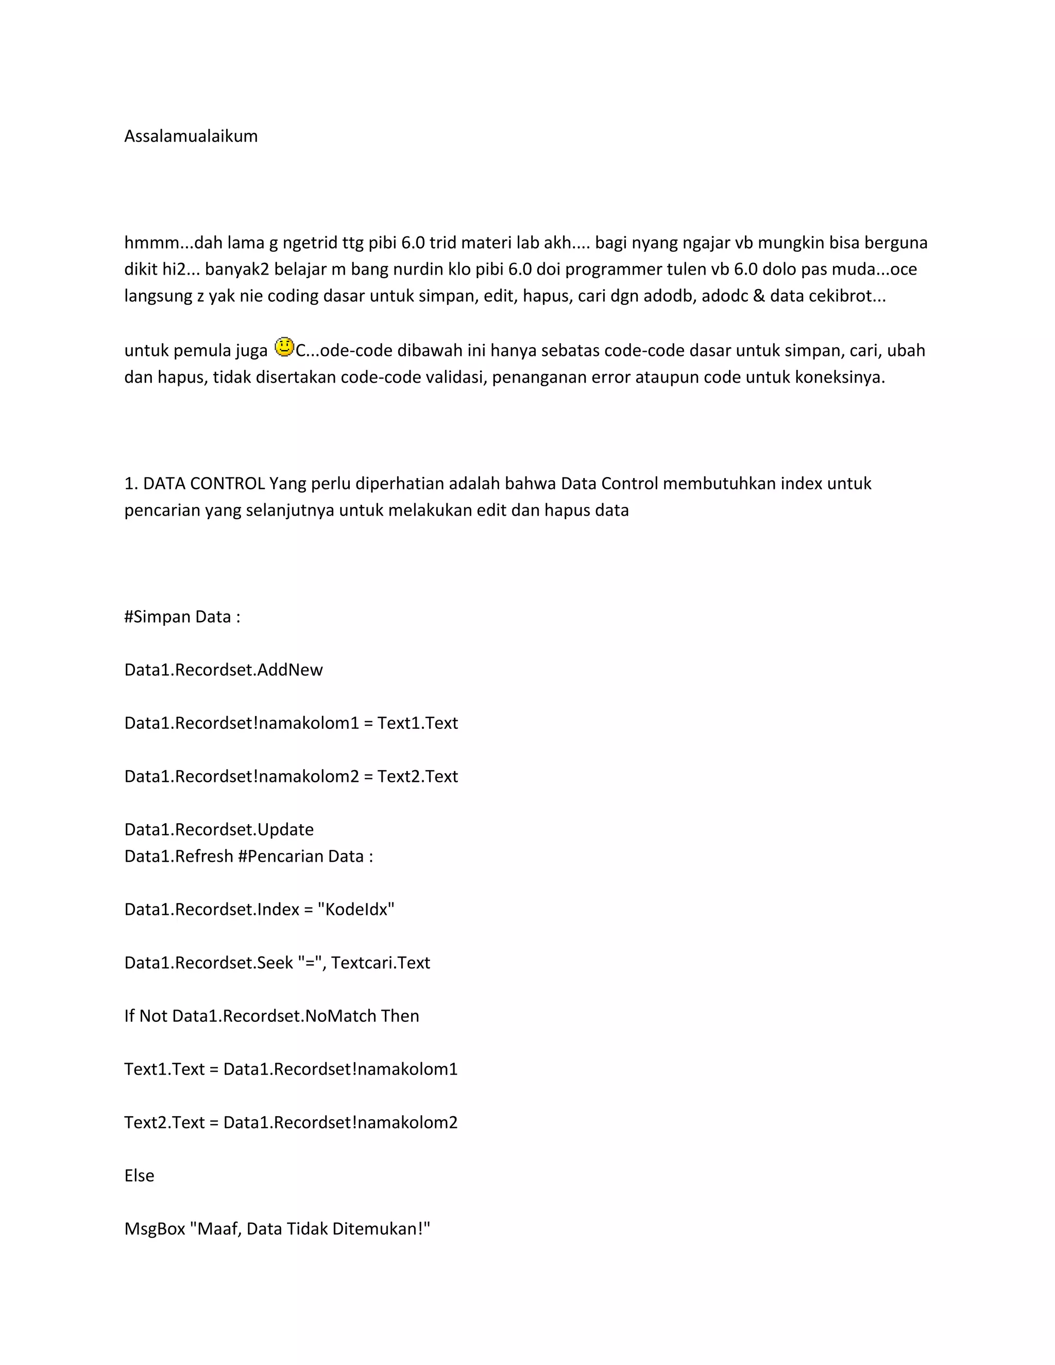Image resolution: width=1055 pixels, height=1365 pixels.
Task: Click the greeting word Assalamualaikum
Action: (x=191, y=136)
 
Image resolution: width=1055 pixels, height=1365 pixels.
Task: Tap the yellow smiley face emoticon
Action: (x=284, y=348)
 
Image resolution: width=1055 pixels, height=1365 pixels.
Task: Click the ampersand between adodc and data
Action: (x=759, y=296)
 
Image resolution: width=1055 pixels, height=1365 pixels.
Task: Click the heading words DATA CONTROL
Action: (x=204, y=484)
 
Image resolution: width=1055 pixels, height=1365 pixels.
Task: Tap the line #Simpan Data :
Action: (x=182, y=617)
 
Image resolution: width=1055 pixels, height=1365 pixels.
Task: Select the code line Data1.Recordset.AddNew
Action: (x=223, y=670)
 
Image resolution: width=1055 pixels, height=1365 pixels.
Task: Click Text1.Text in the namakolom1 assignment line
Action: (x=417, y=723)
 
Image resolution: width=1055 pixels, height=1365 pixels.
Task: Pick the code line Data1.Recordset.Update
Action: (x=219, y=829)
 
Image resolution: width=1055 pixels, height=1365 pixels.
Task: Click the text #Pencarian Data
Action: (x=305, y=856)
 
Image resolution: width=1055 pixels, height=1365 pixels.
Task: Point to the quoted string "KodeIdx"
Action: (x=356, y=909)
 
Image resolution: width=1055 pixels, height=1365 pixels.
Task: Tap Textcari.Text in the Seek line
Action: (x=381, y=963)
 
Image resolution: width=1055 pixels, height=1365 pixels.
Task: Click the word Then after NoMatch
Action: (x=399, y=1016)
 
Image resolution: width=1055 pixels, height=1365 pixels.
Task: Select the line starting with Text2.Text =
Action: (x=291, y=1122)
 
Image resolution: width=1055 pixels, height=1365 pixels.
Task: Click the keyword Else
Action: (x=139, y=1175)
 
